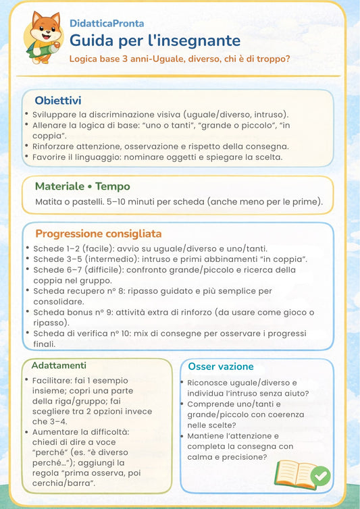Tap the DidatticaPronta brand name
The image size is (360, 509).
[107, 24]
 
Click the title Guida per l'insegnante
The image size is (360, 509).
[155, 41]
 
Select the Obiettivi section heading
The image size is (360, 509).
[58, 100]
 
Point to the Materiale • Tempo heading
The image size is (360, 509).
[82, 186]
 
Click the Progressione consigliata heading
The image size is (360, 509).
[99, 234]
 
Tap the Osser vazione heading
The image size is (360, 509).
[221, 367]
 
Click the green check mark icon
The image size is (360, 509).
[319, 477]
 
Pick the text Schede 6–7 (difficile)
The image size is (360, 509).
[81, 270]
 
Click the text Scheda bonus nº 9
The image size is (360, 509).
[74, 312]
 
